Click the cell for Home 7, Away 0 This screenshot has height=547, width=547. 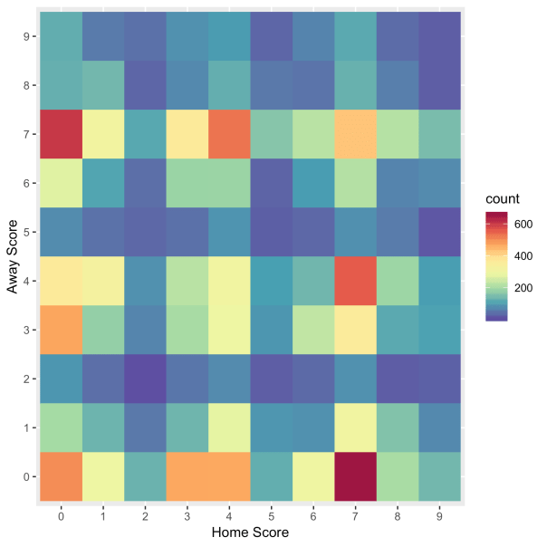point(353,475)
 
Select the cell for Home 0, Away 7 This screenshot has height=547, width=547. point(60,134)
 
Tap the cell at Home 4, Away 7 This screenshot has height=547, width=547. point(227,134)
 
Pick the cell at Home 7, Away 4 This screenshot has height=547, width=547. point(353,281)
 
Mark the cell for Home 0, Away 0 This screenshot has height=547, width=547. point(60,475)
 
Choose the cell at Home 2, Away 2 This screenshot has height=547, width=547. point(144,378)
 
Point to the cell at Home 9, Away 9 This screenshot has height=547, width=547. point(437,36)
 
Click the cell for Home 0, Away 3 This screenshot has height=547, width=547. point(60,330)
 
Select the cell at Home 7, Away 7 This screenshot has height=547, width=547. point(353,134)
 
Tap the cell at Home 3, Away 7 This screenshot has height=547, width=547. point(186,134)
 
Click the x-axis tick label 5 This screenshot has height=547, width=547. point(270,514)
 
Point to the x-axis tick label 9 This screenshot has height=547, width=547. point(437,514)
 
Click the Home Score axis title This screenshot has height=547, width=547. point(249,533)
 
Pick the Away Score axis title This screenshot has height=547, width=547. point(12,256)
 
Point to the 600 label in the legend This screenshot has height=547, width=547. point(523,224)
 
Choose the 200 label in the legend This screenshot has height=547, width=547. point(523,288)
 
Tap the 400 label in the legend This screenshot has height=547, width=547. point(523,255)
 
